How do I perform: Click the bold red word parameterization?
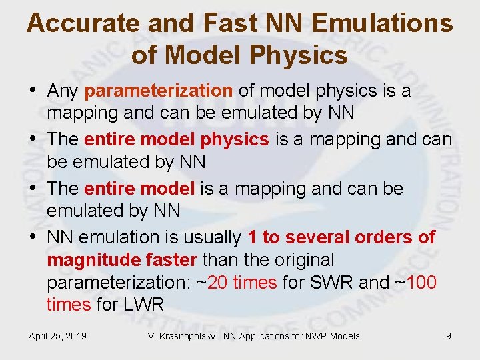click(159, 90)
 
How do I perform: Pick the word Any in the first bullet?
click(63, 90)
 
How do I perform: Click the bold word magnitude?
click(88, 259)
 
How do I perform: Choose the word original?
click(299, 259)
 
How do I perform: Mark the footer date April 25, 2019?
click(57, 336)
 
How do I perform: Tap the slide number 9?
click(448, 336)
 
